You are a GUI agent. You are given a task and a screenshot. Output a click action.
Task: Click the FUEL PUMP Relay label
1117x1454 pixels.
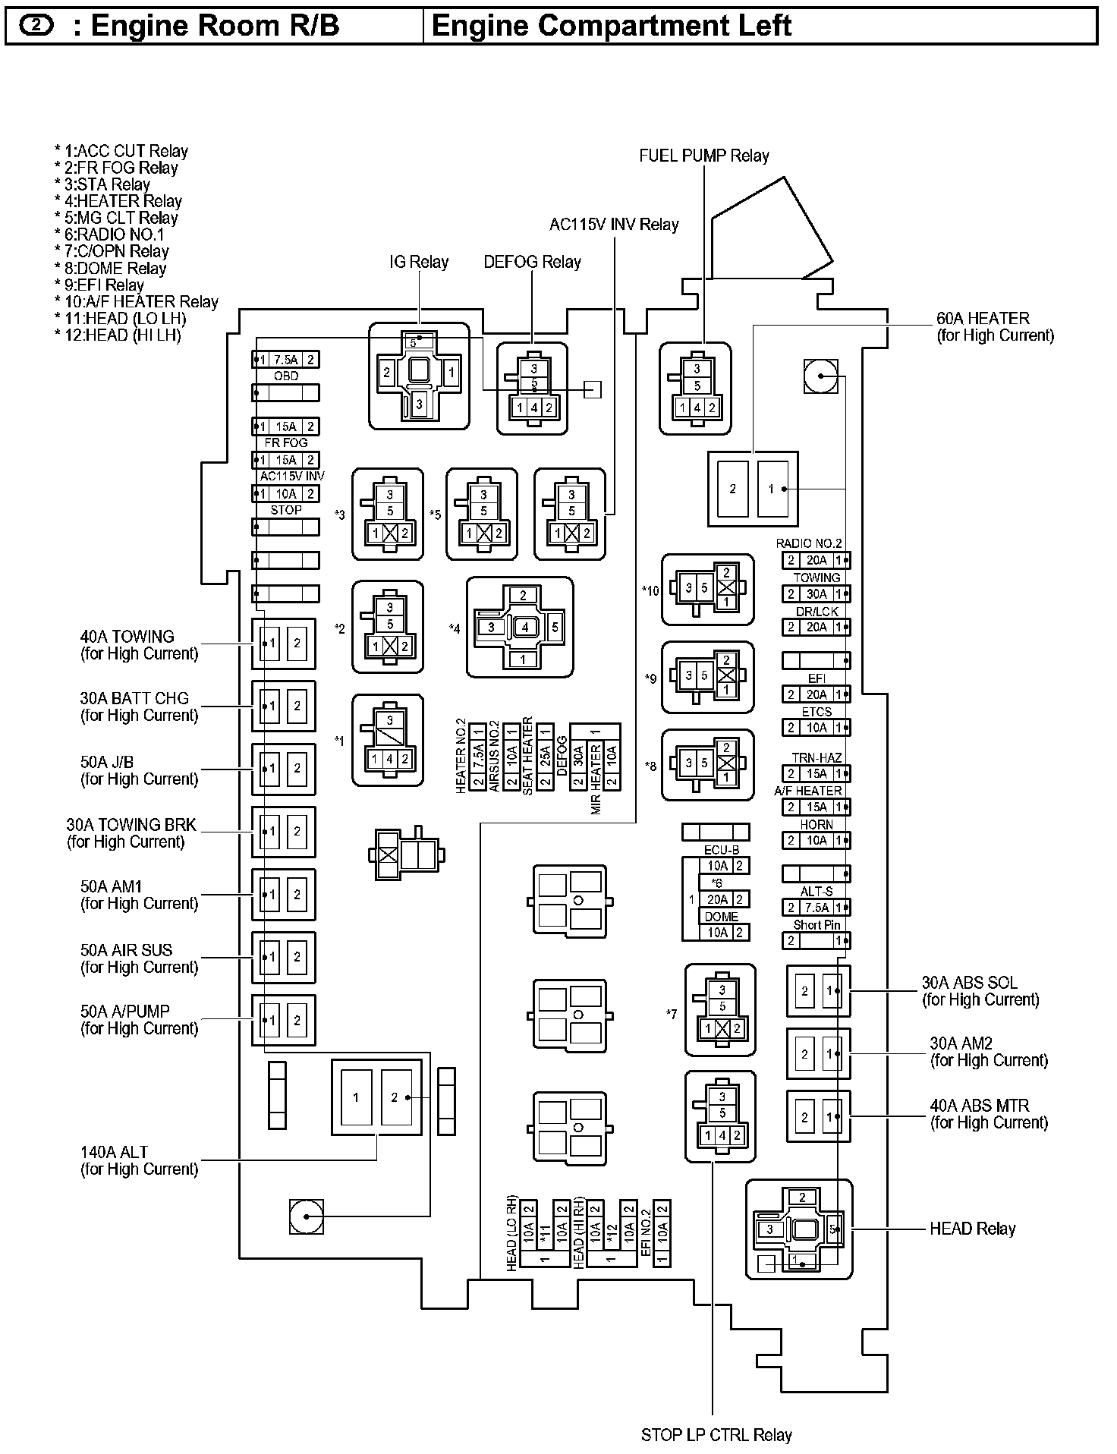[x=703, y=156]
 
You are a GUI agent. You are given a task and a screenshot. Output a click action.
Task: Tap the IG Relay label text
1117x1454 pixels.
[x=419, y=263]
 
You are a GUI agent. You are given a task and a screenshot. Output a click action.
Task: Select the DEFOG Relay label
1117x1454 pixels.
[x=532, y=263]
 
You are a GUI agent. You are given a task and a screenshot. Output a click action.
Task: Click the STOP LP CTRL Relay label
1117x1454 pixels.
[x=716, y=1435]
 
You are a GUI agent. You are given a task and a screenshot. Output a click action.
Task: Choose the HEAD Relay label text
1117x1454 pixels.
[x=972, y=1229]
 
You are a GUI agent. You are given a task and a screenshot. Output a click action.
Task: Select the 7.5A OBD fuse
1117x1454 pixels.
[x=285, y=360]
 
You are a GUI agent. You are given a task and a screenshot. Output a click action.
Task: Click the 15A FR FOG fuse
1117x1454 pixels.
[x=285, y=426]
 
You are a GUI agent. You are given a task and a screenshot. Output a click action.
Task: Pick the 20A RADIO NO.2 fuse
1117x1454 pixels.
[x=817, y=561]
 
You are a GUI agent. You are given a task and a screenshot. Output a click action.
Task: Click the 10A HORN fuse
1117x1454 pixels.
[x=817, y=841]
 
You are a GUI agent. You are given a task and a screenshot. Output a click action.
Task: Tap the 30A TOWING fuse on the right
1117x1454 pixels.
[x=817, y=594]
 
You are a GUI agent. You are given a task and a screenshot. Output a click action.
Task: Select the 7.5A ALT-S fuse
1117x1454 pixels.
[x=817, y=908]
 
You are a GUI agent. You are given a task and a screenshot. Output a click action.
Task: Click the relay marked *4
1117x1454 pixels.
[x=521, y=628]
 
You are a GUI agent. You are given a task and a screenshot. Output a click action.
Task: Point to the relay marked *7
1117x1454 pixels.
[x=721, y=1010]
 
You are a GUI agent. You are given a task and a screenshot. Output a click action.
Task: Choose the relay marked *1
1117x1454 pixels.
[x=388, y=741]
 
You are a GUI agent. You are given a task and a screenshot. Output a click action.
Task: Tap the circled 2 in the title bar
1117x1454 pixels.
[x=36, y=26]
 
